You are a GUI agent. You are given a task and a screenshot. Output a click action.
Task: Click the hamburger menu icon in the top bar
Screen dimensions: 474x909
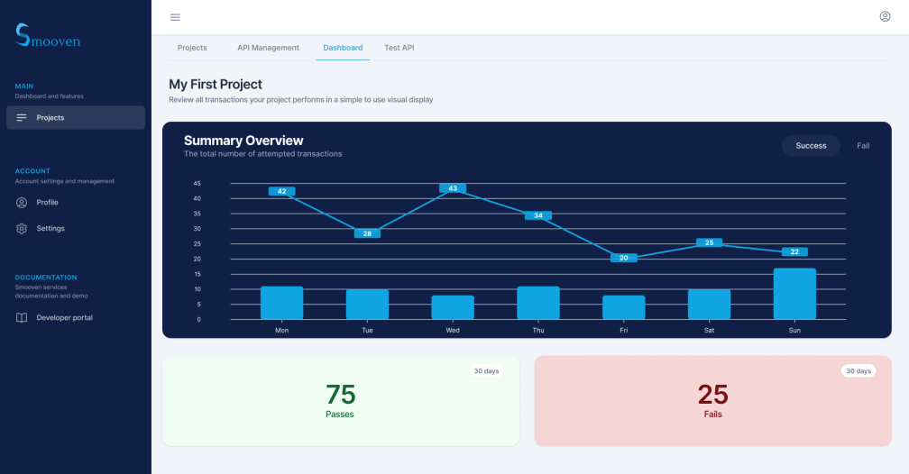tap(175, 17)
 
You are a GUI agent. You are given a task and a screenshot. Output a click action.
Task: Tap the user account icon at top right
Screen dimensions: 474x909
tap(885, 16)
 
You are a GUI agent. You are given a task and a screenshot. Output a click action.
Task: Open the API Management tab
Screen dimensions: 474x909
tap(268, 48)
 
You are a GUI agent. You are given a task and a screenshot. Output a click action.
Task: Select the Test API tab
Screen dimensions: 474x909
tap(399, 48)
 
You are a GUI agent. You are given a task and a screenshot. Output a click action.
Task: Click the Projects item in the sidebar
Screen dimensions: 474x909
tap(76, 118)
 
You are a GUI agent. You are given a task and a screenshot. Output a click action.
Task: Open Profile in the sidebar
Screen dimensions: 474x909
tap(47, 203)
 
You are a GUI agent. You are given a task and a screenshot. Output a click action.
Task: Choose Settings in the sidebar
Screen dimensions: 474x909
tap(50, 229)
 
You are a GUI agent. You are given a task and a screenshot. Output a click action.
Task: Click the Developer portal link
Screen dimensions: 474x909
tap(64, 318)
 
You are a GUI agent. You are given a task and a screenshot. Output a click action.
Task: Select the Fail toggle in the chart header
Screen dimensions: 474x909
tap(863, 145)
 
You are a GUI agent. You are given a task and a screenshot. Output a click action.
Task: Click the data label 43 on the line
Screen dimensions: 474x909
tap(453, 188)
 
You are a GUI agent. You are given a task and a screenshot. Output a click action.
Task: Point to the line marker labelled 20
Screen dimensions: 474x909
tap(623, 258)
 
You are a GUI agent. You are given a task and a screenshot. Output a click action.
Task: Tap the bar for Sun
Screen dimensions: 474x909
tap(794, 294)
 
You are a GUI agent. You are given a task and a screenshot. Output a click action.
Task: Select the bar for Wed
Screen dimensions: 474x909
tap(453, 307)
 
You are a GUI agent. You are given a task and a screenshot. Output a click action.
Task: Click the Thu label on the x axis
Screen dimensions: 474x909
tap(538, 331)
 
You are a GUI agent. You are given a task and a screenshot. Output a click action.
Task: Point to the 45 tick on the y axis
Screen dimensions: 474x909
tap(197, 183)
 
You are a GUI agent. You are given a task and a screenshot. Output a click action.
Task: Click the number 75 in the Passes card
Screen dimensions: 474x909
tap(340, 395)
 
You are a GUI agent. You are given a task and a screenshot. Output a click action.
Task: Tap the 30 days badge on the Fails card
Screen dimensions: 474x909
tap(858, 371)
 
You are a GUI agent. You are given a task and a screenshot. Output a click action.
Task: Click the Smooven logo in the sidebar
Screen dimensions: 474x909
tap(48, 36)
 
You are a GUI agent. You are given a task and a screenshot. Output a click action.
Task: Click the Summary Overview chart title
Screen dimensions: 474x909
tap(243, 141)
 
